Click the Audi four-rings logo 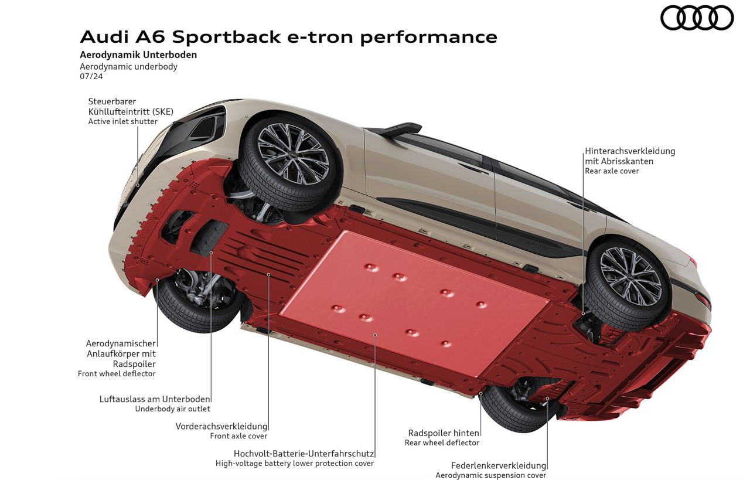(697, 18)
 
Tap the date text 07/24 (87, 77)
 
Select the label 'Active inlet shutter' (122, 122)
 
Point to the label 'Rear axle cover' (611, 171)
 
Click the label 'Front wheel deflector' (117, 373)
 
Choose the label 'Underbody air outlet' (172, 409)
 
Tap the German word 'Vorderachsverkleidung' (221, 426)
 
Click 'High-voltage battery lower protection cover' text (294, 463)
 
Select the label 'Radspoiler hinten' (444, 433)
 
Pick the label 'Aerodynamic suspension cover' (490, 475)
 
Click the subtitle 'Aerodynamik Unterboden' (138, 55)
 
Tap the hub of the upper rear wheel (630, 277)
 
